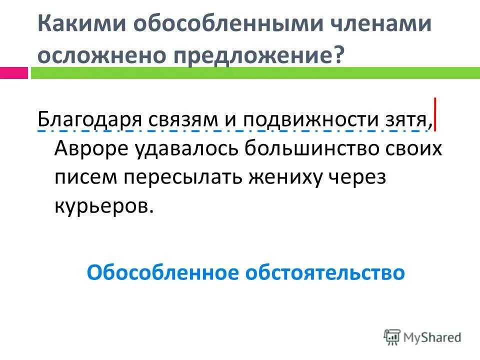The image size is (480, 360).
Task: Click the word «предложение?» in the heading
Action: tap(259, 54)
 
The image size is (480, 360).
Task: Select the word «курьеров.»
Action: tap(103, 206)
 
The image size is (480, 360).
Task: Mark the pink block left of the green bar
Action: tap(14, 73)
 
